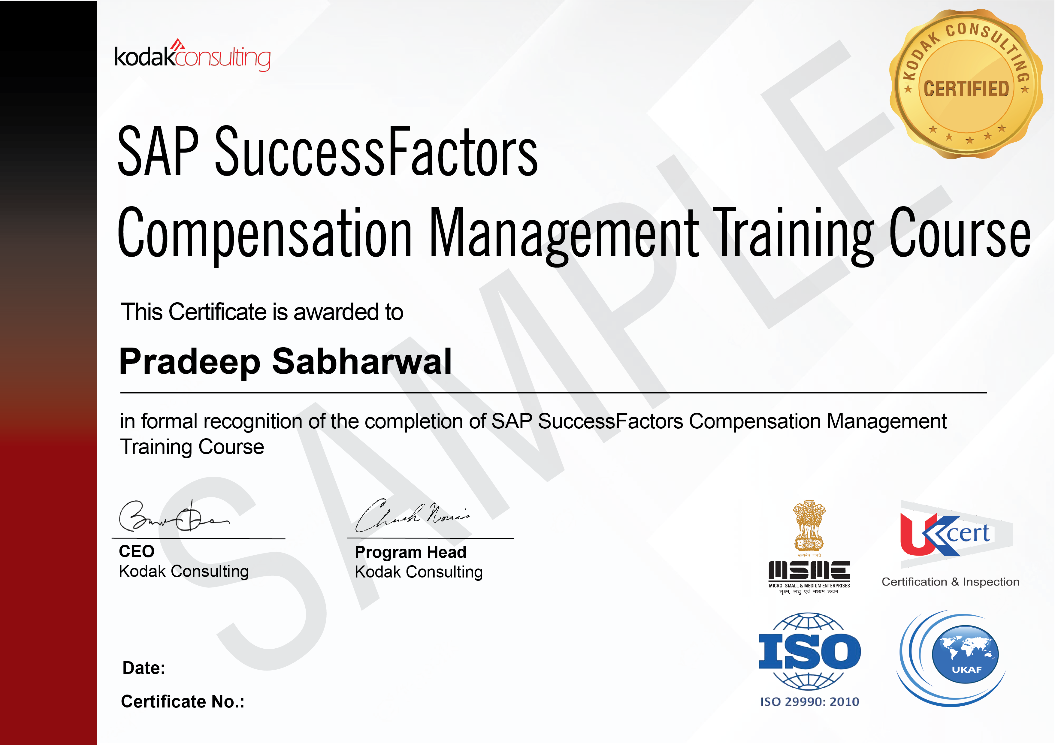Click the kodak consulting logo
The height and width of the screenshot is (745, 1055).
click(x=192, y=56)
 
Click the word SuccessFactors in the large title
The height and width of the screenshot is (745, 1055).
click(x=376, y=152)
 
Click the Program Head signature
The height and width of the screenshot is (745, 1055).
click(x=412, y=515)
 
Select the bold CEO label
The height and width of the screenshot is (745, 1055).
click(x=137, y=551)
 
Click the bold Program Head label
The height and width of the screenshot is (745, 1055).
click(x=410, y=552)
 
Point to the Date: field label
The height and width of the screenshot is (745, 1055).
click(x=144, y=668)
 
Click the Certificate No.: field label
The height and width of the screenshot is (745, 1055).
click(x=183, y=702)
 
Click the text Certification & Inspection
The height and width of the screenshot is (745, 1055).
click(x=950, y=582)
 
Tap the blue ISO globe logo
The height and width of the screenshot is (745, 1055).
click(x=809, y=651)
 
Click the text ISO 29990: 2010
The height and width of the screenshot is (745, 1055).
click(x=810, y=702)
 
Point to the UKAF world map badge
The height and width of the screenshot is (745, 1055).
click(x=965, y=655)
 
